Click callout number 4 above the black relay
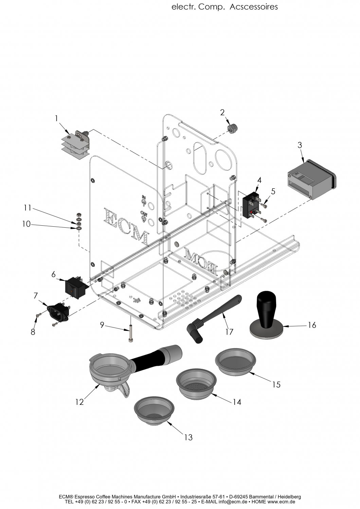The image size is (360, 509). coord(259,180)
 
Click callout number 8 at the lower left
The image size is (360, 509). coord(33,332)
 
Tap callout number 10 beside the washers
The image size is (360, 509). coord(26,224)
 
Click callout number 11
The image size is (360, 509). coord(28,208)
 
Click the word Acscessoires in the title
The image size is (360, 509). coord(254,7)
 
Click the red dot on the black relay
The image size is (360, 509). coord(251,212)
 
